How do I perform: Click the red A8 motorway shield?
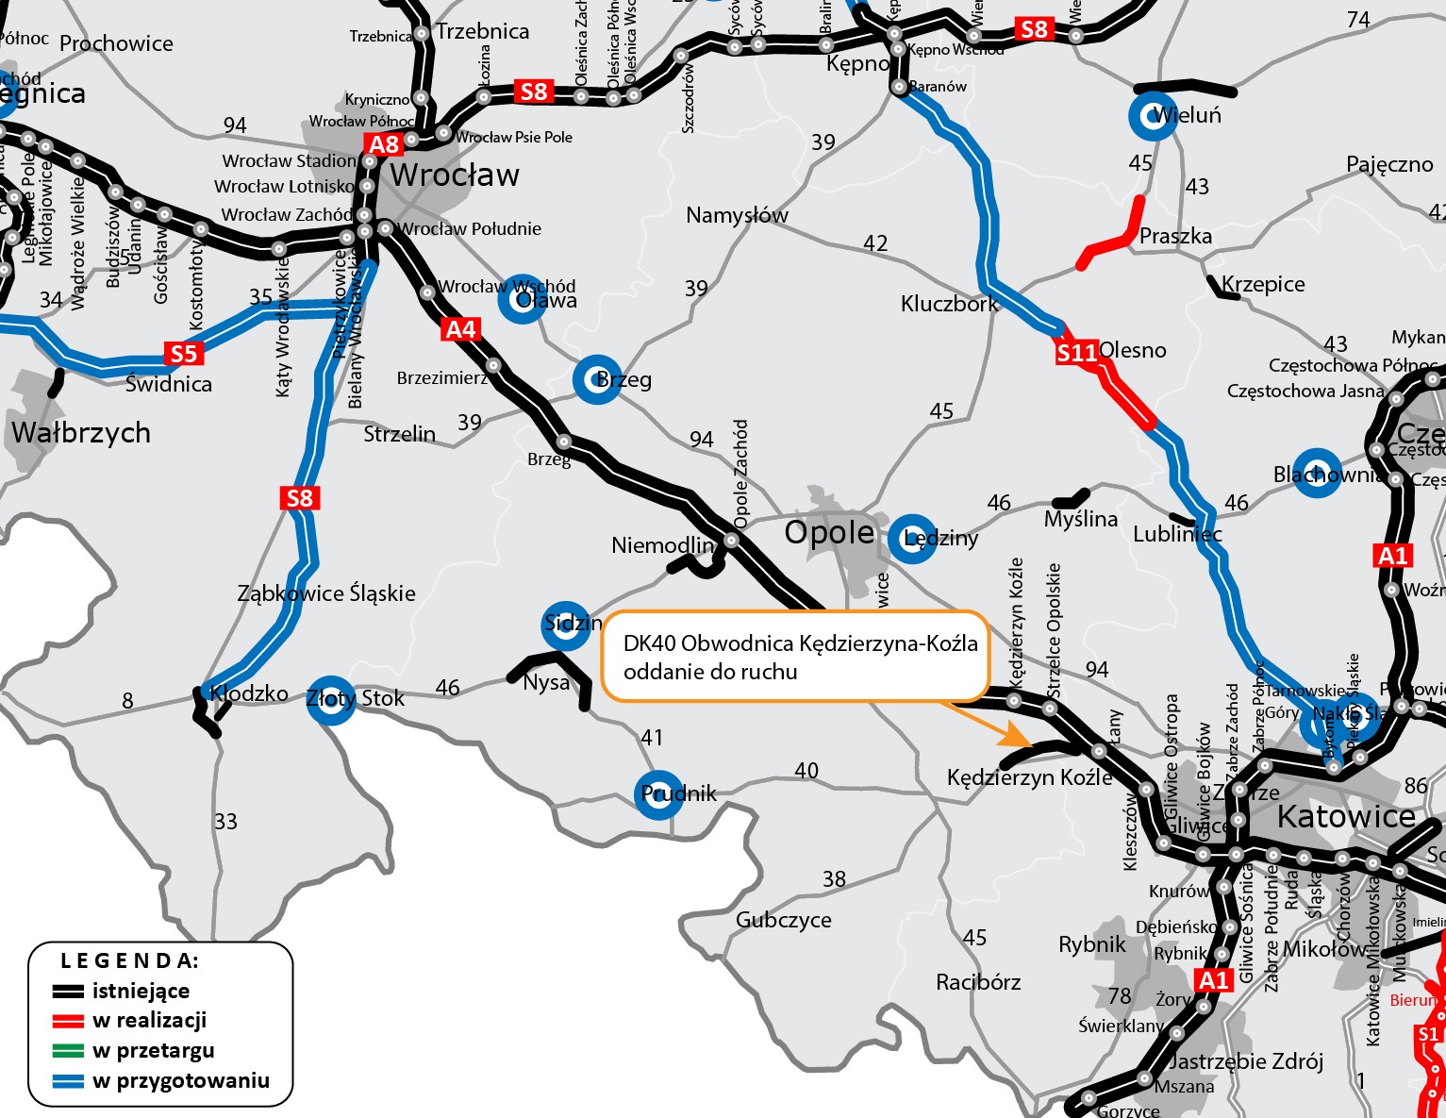coord(384,144)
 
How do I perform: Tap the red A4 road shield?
coord(460,329)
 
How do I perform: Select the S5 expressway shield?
coord(183,354)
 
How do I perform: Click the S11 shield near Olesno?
coord(1076,353)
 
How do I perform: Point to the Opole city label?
coord(830,532)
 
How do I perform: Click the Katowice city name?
coord(1346,817)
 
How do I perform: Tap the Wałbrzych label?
coord(81,433)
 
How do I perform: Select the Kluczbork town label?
coord(949,304)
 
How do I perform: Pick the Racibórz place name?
coord(978,982)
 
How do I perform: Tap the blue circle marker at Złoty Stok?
coord(331,699)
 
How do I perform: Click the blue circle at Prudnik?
coord(658,793)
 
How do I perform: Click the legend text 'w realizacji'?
coord(149,1021)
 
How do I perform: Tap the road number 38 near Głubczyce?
coord(834,879)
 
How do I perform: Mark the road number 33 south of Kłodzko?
coord(225,822)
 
